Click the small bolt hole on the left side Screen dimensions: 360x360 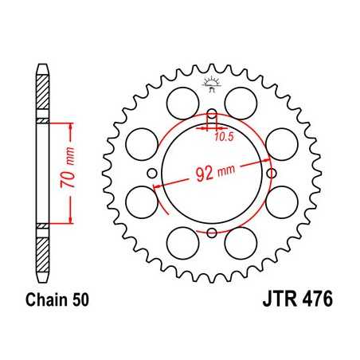(x=152, y=173)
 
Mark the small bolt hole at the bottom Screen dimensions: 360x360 (x=212, y=233)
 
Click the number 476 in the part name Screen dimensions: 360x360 (x=311, y=302)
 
